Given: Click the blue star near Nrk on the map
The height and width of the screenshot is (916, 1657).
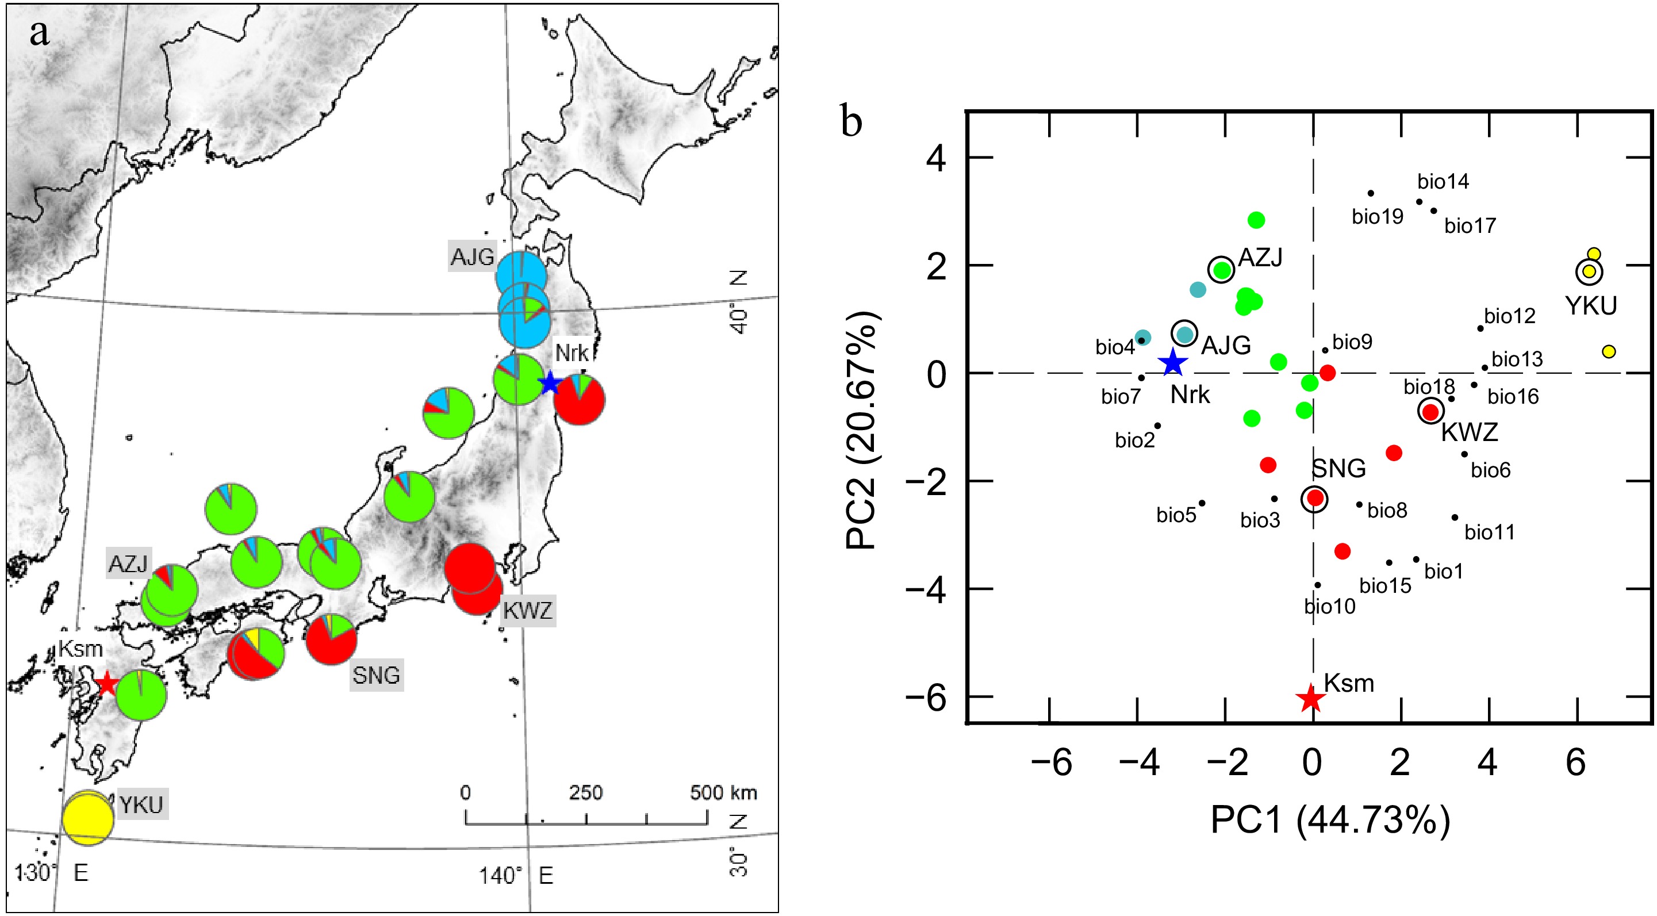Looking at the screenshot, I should point(549,384).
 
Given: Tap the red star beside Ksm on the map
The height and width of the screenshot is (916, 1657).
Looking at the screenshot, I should point(106,683).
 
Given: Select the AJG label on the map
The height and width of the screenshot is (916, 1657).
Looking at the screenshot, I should point(472,257).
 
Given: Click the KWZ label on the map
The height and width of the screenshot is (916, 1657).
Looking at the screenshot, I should point(527,611).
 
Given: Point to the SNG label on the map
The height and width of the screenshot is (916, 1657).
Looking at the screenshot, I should point(376,676).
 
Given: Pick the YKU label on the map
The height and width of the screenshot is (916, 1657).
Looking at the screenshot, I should point(141,804).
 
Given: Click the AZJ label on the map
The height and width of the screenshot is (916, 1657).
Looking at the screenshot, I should point(128,564).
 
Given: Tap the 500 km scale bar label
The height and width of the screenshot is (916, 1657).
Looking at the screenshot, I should point(723,792).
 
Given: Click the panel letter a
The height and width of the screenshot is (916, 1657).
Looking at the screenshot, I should point(39,33).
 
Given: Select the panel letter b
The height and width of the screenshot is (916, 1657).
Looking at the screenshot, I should point(851,121).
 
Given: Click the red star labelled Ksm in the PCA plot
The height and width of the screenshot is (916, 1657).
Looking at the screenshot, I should point(1310,699).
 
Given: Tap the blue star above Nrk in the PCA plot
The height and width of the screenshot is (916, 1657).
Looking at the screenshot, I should point(1173,363).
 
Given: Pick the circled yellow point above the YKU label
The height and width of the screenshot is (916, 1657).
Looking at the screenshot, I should point(1589,271).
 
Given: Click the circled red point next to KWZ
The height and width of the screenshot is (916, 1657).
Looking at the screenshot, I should point(1430,411).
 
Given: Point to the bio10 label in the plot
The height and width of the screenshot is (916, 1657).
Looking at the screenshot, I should point(1330,607).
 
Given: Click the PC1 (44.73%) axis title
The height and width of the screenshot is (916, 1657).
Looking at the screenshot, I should point(1330,820).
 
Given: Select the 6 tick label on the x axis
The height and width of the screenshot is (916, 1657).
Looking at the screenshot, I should point(1576,763).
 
